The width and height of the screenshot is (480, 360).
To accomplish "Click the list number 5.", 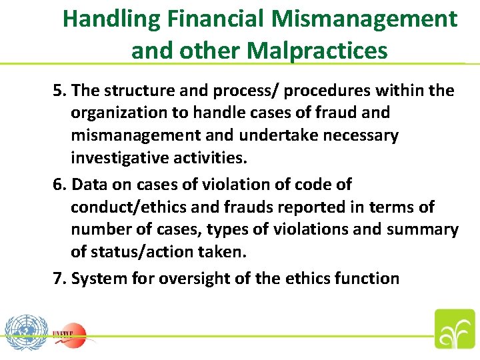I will coord(59,90).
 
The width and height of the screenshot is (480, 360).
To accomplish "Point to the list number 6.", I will coord(59,184).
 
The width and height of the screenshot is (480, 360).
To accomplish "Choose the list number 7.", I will coord(59,278).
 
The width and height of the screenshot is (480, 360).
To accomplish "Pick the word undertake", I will coord(269,136).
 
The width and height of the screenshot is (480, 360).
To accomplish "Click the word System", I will coord(97,278).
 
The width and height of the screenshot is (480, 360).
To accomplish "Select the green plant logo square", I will coord(455,329).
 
